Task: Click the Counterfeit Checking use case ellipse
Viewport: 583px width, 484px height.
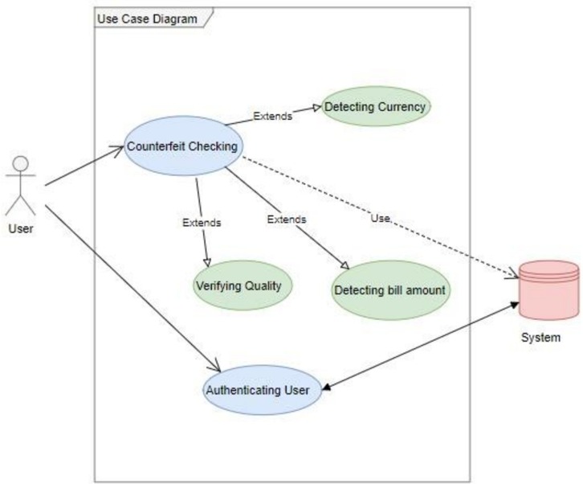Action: point(183,146)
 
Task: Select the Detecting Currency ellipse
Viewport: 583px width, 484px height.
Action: point(376,106)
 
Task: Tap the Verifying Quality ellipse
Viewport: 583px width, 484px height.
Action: point(243,285)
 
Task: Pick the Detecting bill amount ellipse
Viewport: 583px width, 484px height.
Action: point(390,290)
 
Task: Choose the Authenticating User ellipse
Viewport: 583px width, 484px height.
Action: point(262,390)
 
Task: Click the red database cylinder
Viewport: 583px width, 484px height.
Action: point(548,290)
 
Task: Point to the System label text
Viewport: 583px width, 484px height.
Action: point(540,338)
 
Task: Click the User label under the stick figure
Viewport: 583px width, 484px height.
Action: point(21,228)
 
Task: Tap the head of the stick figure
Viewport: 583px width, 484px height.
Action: point(21,163)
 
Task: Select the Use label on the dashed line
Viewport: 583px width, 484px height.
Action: point(381,218)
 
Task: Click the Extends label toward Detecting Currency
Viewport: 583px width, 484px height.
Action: point(272,116)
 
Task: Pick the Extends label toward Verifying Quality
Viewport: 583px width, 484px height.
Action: point(202,223)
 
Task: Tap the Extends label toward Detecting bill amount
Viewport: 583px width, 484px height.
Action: point(287,219)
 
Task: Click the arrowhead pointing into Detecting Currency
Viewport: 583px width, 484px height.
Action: point(316,108)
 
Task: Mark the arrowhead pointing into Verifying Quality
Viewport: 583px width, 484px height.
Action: point(207,262)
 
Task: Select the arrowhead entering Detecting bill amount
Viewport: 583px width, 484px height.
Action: point(345,265)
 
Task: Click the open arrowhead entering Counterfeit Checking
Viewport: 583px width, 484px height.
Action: point(119,150)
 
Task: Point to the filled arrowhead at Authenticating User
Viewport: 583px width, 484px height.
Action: point(327,388)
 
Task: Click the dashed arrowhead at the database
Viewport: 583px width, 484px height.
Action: point(513,273)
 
